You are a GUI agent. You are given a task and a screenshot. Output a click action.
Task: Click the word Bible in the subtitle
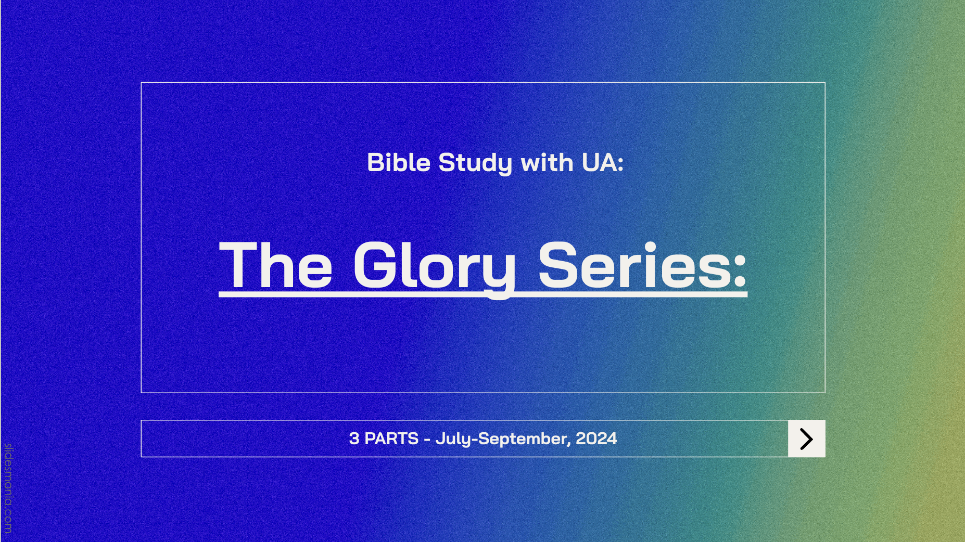pos(399,162)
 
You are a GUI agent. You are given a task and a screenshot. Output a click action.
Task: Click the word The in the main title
pos(276,265)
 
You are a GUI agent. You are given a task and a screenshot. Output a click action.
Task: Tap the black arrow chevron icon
pos(807,439)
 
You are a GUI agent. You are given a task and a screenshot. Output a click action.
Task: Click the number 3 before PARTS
pos(354,438)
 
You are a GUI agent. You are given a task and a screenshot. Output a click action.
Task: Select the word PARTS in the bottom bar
pos(391,438)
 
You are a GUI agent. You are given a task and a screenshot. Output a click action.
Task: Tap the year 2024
pos(596,438)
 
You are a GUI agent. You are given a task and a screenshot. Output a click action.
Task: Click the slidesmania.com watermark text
pos(8,488)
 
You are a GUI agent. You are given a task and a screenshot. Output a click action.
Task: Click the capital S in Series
pos(559,265)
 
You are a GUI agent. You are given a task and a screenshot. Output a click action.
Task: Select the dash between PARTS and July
pos(427,440)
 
